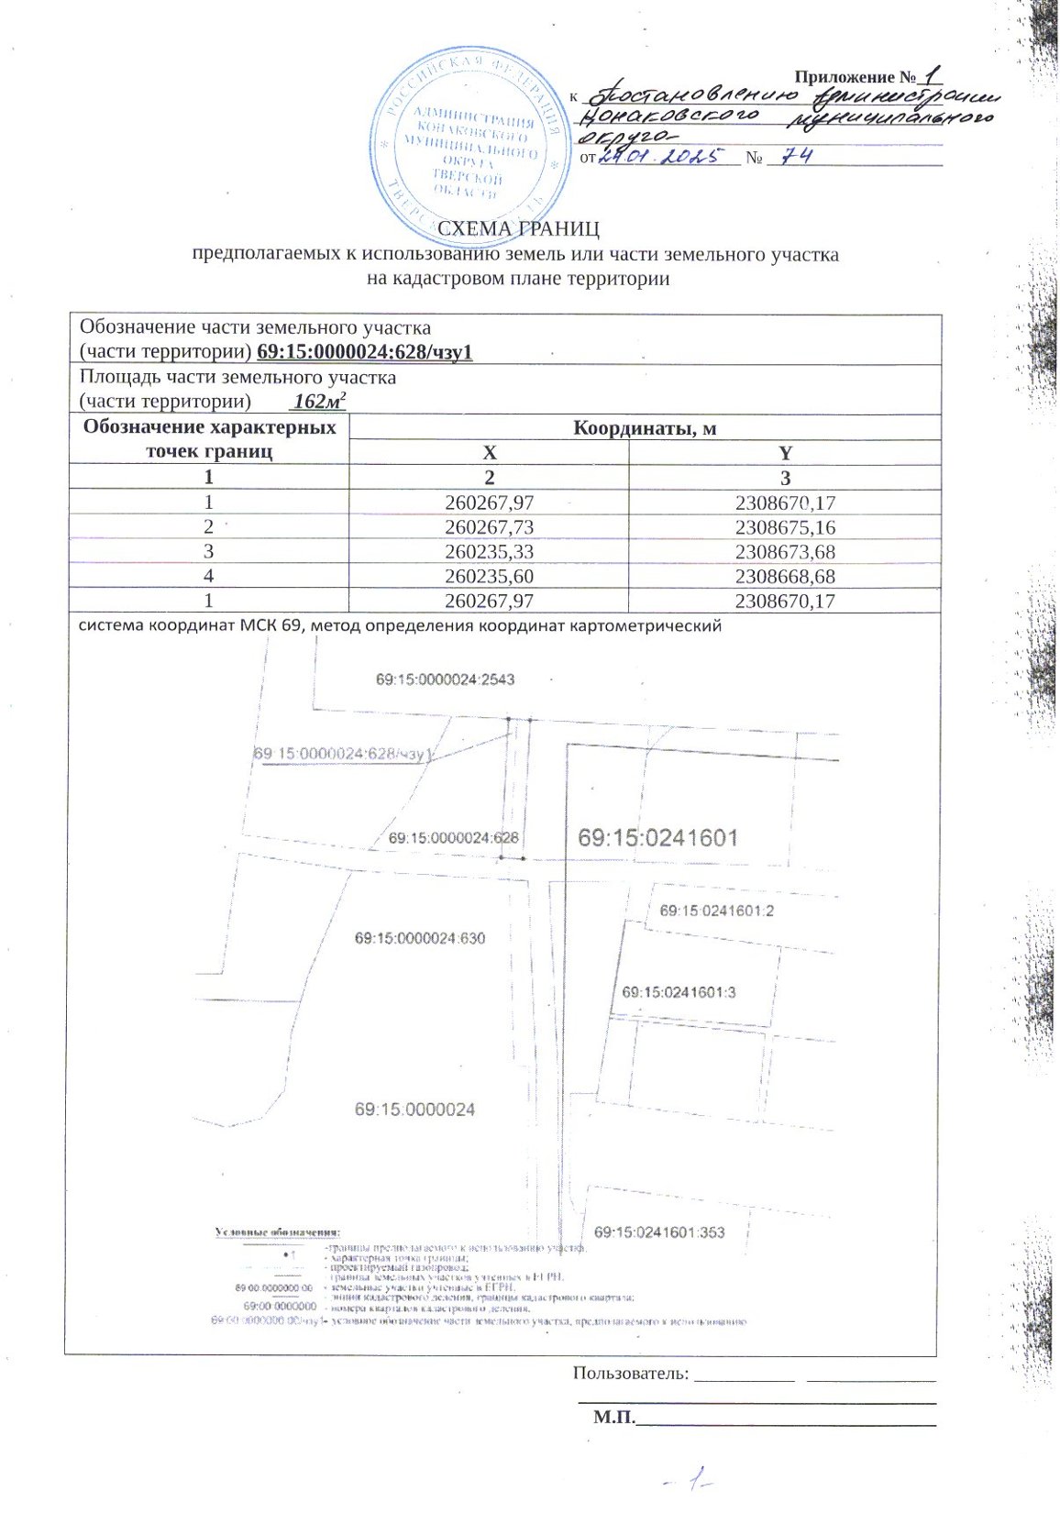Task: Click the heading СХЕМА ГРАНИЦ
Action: (518, 228)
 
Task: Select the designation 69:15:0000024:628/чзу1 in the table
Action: (364, 352)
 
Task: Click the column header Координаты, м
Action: (645, 427)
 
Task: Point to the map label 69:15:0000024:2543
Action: (445, 679)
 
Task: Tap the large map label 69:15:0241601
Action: (657, 837)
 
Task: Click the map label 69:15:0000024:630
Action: (420, 938)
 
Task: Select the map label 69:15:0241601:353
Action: (659, 1232)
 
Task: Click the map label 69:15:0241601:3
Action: (679, 992)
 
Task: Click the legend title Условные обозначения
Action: (277, 1231)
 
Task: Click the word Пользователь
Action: (630, 1373)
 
